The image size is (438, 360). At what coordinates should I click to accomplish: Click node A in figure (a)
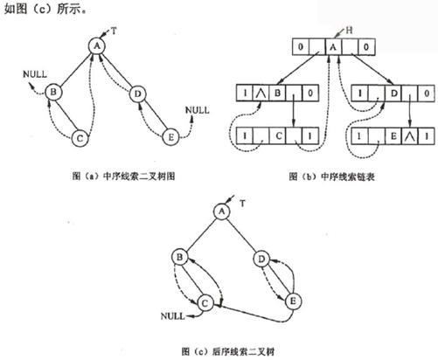tap(97, 46)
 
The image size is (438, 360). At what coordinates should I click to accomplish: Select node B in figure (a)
tap(53, 92)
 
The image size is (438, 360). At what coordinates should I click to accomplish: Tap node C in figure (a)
tap(80, 138)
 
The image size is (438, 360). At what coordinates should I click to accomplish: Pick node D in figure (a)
tap(137, 93)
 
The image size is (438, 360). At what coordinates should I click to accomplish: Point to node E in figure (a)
tap(171, 137)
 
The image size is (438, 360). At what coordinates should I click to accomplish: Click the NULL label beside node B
tap(35, 74)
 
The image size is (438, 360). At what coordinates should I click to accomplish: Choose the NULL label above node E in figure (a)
tap(198, 110)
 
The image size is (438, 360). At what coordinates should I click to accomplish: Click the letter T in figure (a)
tap(114, 31)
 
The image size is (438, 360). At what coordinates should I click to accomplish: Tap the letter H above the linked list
tap(349, 30)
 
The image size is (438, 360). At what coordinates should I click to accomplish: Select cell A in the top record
tap(334, 46)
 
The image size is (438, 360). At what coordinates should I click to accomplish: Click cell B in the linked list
tap(277, 93)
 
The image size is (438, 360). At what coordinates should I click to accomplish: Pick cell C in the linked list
tap(279, 136)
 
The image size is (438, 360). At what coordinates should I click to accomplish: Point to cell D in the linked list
tap(393, 93)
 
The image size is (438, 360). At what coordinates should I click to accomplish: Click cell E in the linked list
tap(393, 136)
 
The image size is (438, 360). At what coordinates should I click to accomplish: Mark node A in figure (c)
tap(222, 211)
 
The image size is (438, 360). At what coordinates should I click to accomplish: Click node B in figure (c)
tap(180, 257)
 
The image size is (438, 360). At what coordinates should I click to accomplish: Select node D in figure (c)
tap(261, 259)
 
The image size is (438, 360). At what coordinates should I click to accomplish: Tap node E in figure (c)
tap(293, 301)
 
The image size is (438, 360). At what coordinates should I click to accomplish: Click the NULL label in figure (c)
tap(173, 316)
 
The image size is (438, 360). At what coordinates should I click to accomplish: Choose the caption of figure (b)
tap(331, 177)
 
